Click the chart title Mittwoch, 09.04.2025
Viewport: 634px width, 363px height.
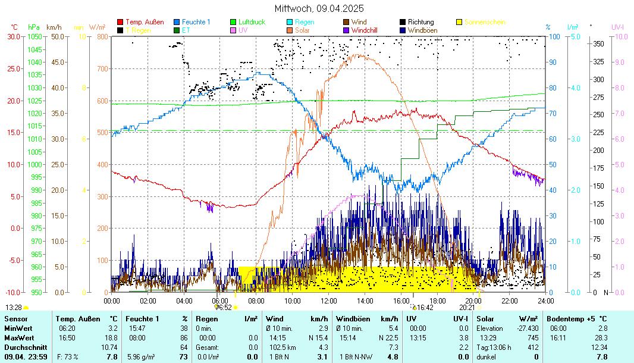point(319,9)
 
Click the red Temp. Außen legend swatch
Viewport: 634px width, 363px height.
point(120,22)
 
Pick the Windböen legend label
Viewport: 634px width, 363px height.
point(422,30)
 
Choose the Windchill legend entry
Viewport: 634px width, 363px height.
point(368,30)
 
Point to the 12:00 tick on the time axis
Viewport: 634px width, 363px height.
point(329,301)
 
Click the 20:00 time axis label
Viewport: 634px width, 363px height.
point(473,301)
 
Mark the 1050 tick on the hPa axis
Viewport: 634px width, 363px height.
point(34,36)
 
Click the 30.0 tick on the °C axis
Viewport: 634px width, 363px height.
point(13,36)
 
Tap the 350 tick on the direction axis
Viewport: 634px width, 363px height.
point(599,43)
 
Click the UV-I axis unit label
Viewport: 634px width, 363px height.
point(617,27)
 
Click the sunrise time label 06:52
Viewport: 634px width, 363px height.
point(224,308)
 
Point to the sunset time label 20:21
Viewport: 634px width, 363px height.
point(467,308)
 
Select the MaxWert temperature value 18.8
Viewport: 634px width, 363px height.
point(112,337)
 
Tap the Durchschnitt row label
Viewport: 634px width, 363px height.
point(23,347)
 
